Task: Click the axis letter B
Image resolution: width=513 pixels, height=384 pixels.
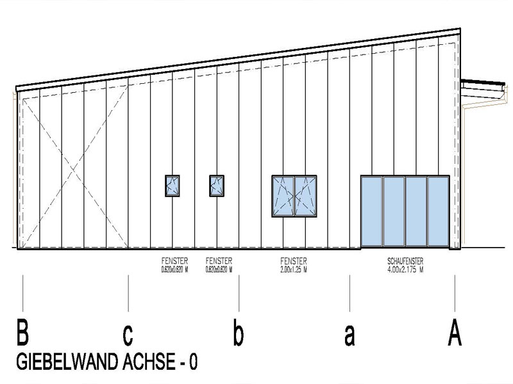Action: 23,333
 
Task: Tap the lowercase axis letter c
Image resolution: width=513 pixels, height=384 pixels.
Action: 128,334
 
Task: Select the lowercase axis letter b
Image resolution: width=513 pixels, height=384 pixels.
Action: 238,333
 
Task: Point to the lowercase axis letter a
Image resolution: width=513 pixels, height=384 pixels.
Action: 349,335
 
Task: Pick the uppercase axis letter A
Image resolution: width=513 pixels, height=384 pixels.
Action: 455,333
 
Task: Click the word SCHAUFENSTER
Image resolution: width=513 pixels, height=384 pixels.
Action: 405,262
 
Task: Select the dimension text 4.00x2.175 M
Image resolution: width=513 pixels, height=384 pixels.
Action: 405,269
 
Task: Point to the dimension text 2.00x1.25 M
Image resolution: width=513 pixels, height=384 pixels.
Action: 294,269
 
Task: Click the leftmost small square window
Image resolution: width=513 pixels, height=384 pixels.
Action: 172,186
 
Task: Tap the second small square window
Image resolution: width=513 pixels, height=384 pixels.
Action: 217,186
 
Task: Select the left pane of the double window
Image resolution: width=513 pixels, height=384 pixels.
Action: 283,196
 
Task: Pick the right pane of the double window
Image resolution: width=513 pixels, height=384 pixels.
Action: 305,196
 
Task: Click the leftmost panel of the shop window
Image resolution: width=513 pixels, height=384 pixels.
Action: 372,211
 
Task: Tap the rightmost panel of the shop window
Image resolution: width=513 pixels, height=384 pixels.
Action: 438,211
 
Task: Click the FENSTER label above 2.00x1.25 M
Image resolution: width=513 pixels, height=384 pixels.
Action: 294,262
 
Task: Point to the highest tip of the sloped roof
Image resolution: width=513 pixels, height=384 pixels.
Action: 458,29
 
